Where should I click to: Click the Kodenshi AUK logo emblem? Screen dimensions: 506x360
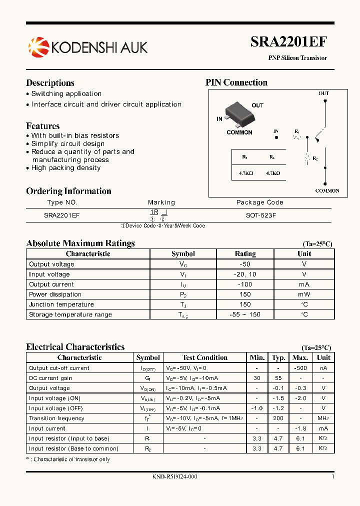click(38, 47)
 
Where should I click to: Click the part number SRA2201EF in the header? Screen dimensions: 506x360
click(288, 42)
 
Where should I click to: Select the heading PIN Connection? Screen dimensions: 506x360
click(236, 82)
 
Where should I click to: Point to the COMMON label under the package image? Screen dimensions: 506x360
click(239, 132)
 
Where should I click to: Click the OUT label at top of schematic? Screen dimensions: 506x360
click(324, 93)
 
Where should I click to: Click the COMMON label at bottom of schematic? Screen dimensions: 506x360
click(327, 190)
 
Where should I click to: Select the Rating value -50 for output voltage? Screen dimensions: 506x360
click(245, 264)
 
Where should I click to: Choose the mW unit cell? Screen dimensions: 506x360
click(304, 294)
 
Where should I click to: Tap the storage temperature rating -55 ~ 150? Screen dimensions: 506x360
click(245, 314)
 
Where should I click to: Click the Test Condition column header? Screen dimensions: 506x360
click(204, 357)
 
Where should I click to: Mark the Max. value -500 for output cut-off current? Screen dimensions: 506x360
click(300, 368)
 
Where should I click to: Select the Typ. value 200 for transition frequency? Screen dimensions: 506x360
click(278, 418)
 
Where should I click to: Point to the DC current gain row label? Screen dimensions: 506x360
click(50, 378)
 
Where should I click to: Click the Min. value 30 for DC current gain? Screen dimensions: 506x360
click(256, 378)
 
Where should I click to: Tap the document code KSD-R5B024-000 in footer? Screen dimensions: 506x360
click(174, 476)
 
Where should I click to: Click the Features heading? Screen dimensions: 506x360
click(43, 126)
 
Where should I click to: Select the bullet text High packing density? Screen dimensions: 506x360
click(65, 168)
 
